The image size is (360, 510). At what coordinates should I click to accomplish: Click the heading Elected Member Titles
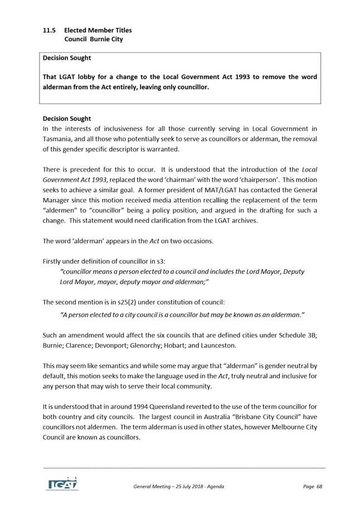(98, 30)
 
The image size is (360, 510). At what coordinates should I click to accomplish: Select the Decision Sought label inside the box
(67, 58)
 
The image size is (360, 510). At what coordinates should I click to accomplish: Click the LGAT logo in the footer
(61, 484)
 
